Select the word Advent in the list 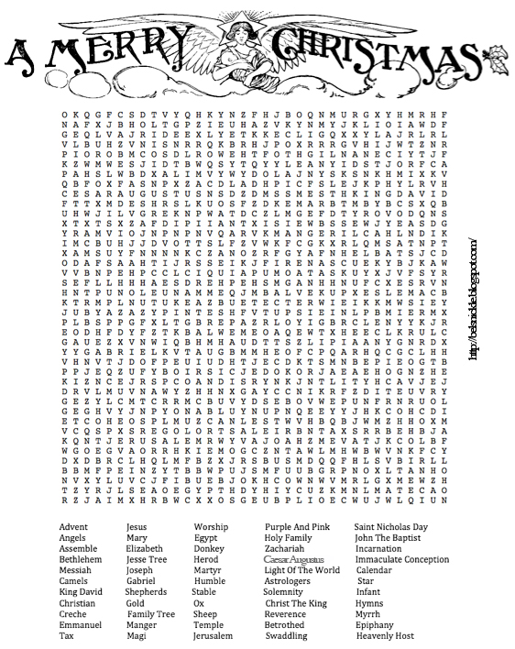tap(73, 527)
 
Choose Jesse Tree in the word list tap(147, 557)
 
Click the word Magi tap(136, 635)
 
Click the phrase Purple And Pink tap(297, 527)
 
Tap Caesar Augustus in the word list tap(296, 557)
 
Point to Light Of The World tap(301, 569)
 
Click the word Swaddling tap(287, 635)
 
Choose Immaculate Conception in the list tap(402, 557)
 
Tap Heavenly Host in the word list tap(385, 635)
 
